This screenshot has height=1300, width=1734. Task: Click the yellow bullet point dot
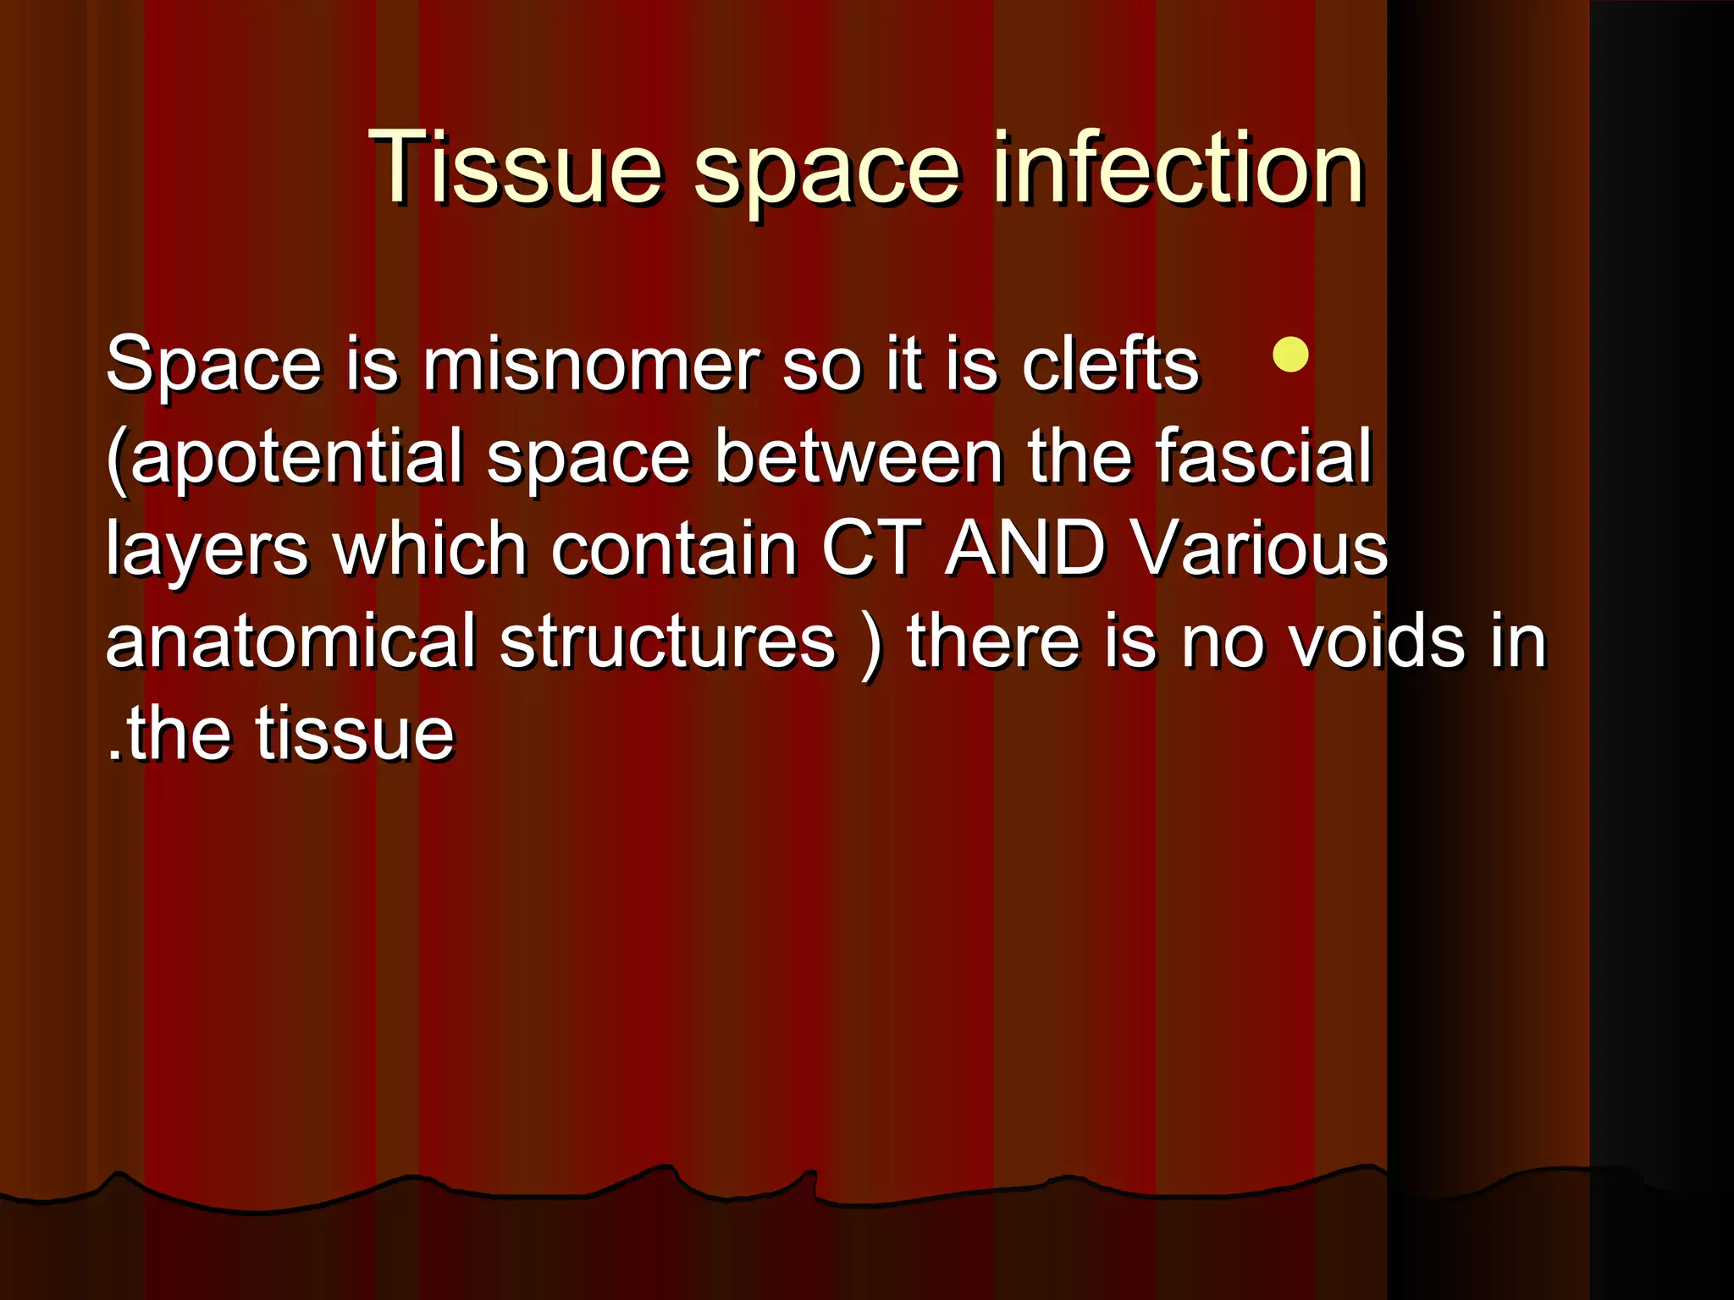1290,355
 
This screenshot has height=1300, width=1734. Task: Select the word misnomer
591,365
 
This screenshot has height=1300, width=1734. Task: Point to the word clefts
1110,365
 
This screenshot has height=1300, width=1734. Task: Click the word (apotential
284,458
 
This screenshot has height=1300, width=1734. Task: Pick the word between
859,458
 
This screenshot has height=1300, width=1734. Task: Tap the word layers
207,551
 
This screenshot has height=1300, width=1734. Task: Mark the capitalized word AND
1025,549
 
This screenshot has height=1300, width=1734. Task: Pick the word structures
667,643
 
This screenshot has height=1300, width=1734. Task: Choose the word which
429,549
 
